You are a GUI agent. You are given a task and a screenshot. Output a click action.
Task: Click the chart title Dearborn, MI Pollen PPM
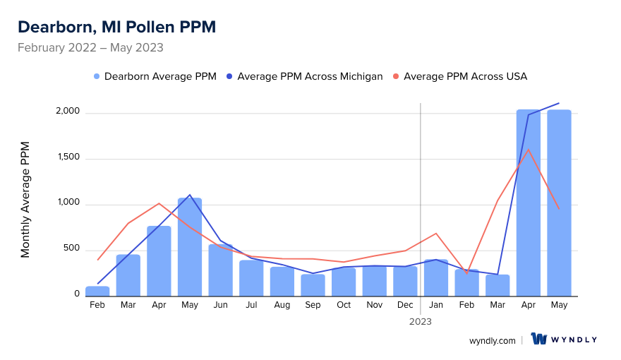(x=116, y=27)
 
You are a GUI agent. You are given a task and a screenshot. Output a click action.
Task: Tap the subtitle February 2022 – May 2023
(x=90, y=48)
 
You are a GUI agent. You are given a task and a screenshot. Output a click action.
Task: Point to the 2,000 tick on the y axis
(x=68, y=113)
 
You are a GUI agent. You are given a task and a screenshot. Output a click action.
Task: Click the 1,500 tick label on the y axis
(x=69, y=159)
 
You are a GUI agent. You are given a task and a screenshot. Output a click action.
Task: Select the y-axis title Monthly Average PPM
(x=25, y=200)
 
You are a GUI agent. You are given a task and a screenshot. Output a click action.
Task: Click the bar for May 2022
(x=190, y=247)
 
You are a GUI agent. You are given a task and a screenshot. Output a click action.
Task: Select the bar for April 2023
(x=529, y=203)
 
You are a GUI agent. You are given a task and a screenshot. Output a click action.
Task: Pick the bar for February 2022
(x=97, y=291)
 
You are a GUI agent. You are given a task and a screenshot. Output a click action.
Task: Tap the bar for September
(x=313, y=285)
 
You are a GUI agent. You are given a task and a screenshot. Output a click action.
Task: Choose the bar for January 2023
(x=436, y=277)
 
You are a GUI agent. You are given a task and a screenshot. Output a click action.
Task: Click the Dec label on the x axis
(x=405, y=305)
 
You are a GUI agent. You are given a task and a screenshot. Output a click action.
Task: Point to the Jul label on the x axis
(x=251, y=305)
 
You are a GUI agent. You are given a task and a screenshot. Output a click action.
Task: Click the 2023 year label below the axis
(x=421, y=321)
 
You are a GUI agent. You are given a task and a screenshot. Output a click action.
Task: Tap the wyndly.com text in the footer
(x=492, y=340)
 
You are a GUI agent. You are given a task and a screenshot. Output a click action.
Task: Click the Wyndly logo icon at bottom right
(x=539, y=339)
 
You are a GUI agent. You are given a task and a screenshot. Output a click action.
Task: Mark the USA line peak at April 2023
(x=529, y=149)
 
